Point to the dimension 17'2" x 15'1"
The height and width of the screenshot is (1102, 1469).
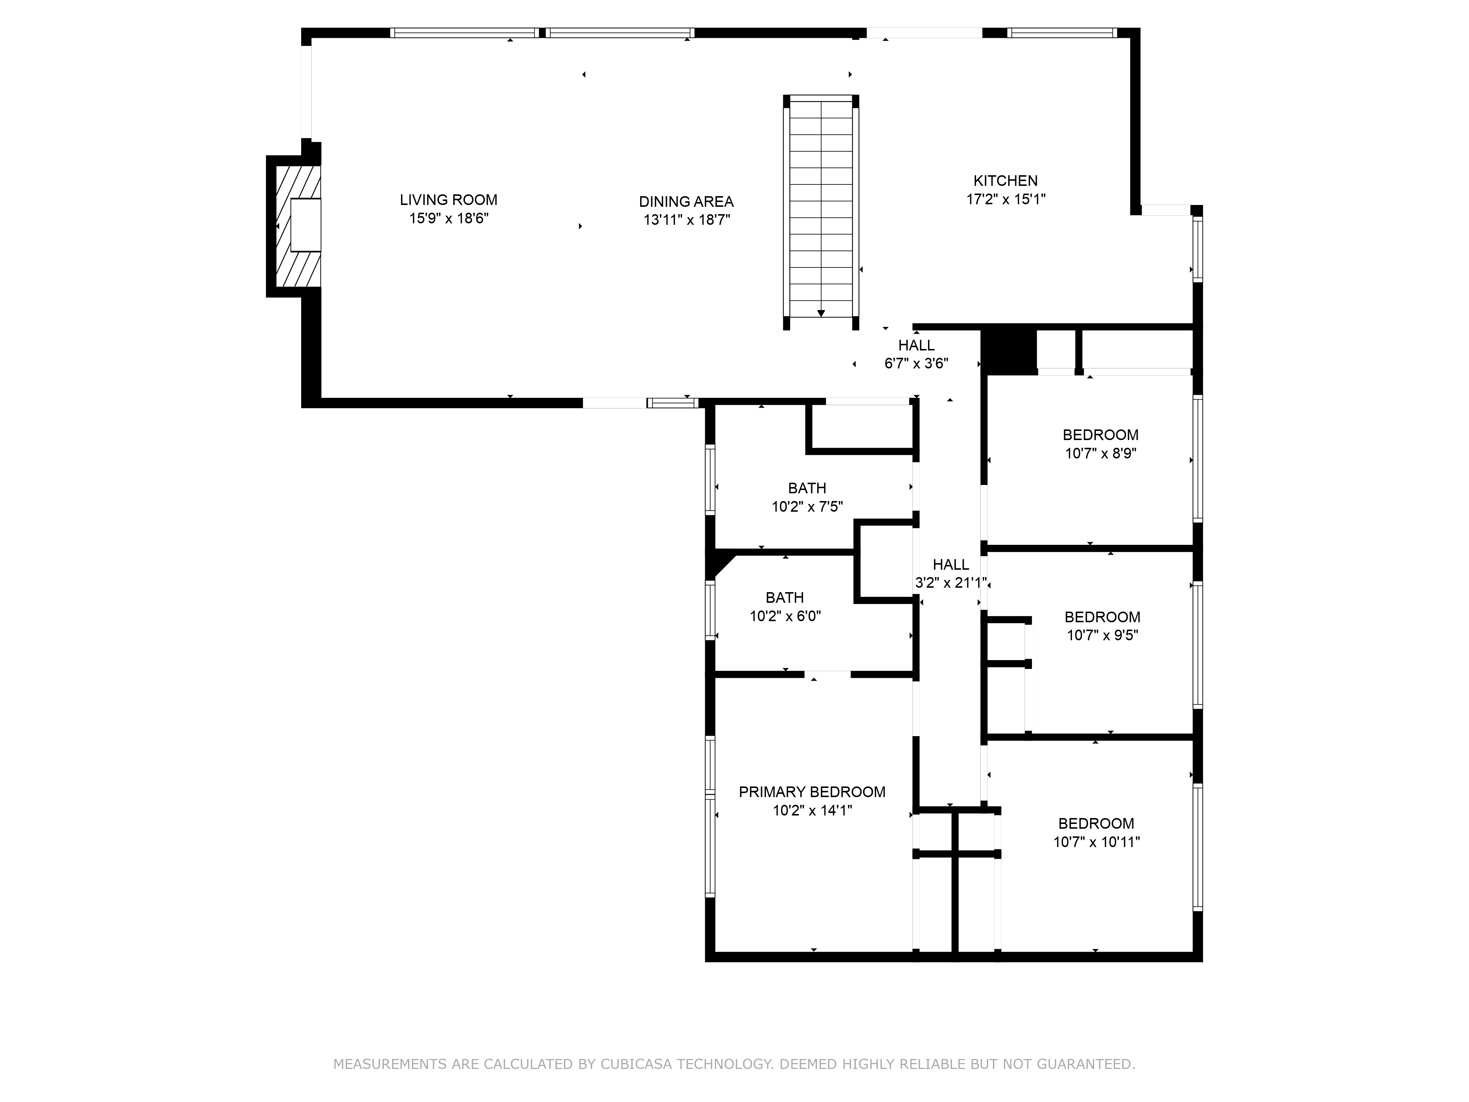pos(1006,199)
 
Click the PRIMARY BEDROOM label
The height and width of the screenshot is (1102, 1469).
pos(812,792)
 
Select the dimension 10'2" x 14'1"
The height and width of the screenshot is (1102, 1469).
pos(812,810)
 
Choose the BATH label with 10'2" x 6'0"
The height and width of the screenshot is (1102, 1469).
pos(784,598)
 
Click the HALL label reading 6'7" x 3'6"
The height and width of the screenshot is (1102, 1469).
pos(916,345)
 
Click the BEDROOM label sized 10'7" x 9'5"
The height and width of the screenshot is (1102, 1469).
pos(1102,617)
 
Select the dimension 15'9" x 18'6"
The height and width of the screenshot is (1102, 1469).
pos(448,219)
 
